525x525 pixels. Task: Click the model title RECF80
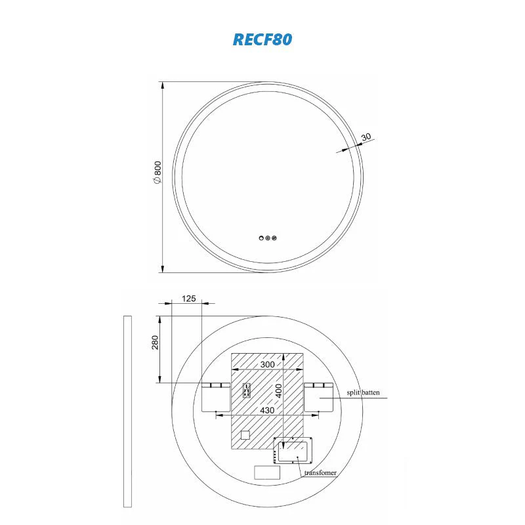point(262,39)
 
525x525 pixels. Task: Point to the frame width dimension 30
point(366,137)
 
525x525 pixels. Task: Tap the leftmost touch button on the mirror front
point(261,238)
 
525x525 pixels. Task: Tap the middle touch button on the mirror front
point(268,238)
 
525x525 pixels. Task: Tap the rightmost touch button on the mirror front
point(275,238)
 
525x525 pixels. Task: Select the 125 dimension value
point(188,299)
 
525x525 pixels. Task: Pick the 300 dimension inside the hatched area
point(267,364)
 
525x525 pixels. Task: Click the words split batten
point(363,393)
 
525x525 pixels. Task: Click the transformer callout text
point(320,472)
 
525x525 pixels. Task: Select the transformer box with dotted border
point(293,450)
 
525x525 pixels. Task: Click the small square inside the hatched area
point(245,434)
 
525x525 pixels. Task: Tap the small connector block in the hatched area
point(247,390)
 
